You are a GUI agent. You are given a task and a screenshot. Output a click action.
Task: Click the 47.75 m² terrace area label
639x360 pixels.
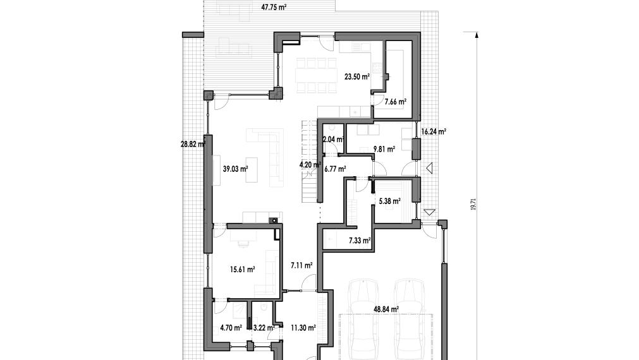pos(274,7)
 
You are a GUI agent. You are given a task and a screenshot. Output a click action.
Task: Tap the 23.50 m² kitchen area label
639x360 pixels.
pos(357,76)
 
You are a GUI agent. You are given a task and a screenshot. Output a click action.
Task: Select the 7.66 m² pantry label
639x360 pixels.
pos(396,102)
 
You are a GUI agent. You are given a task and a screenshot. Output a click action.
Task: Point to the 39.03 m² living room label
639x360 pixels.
pos(236,169)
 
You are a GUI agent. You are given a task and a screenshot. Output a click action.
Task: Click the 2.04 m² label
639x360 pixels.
pos(334,140)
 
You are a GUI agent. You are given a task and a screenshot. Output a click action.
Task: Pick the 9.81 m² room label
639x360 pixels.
pos(384,149)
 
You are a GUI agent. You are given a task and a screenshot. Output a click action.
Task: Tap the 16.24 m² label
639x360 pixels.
pos(434,131)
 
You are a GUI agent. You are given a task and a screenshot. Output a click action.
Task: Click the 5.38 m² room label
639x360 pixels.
pos(389,201)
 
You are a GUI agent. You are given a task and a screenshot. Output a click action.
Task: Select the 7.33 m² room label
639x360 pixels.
pos(360,241)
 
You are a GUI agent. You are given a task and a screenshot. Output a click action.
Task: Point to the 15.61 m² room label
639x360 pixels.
pos(243,269)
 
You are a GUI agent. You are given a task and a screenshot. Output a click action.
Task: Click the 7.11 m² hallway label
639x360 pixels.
pos(301,265)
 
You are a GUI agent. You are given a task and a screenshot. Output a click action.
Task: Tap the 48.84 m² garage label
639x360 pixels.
pos(386,309)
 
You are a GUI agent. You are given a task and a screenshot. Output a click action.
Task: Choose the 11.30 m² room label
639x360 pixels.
pos(303,327)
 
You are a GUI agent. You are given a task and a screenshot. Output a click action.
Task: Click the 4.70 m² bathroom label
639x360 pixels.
pos(231,327)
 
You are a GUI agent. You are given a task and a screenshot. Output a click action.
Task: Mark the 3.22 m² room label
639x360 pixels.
pos(264,327)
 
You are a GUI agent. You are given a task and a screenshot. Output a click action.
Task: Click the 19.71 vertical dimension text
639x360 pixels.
pos(473,205)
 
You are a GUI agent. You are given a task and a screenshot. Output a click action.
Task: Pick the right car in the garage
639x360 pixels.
pos(410,320)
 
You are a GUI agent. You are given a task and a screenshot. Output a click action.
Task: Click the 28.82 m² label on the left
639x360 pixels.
pos(193,144)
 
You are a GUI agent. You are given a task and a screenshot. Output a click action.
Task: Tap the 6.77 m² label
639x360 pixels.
pos(336,169)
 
